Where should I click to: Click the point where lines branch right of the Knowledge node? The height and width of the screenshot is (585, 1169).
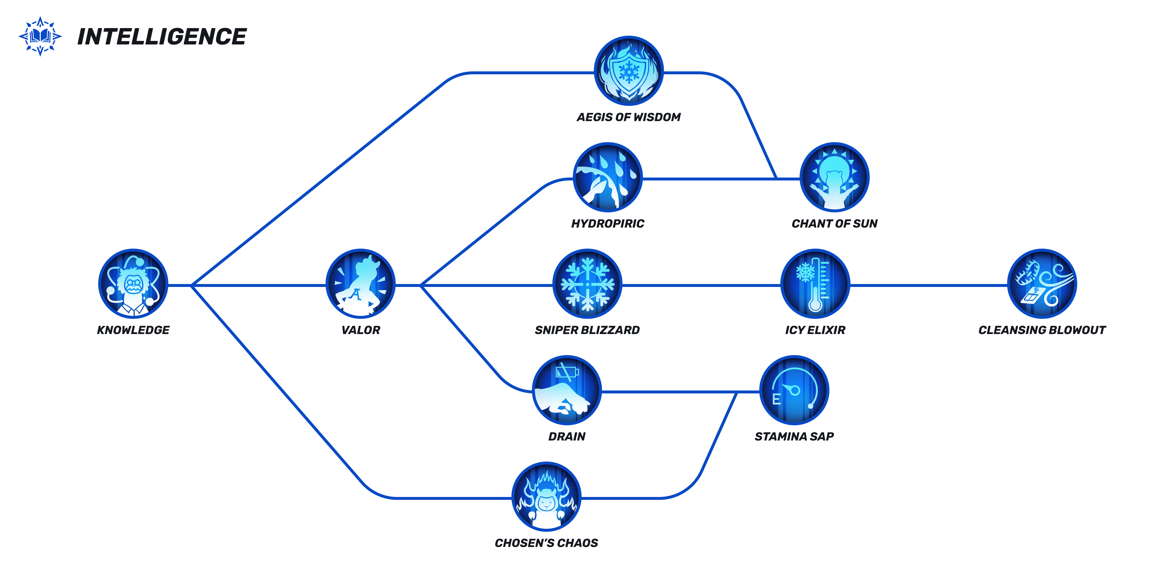(192, 285)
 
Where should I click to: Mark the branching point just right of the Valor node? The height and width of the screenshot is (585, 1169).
(421, 285)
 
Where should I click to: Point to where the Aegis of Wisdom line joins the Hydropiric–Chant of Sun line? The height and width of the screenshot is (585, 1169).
(777, 178)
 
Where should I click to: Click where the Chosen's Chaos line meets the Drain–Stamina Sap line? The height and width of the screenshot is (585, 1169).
(736, 392)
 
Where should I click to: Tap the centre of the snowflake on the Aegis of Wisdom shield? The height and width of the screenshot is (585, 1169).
(629, 72)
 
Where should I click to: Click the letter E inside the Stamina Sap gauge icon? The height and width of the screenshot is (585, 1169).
(777, 399)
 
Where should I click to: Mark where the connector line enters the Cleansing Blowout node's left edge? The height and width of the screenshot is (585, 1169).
(1007, 285)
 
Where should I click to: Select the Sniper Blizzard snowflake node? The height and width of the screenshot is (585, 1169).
(587, 284)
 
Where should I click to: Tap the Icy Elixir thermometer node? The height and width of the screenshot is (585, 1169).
(815, 284)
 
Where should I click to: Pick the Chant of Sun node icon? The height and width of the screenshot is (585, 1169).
(835, 177)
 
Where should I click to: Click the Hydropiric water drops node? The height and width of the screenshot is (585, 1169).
(608, 177)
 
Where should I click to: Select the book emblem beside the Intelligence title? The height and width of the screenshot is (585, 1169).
(40, 36)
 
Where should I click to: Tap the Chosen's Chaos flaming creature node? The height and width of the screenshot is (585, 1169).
(547, 496)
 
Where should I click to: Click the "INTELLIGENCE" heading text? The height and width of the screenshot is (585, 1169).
(162, 37)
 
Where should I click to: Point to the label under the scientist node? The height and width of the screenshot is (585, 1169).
(134, 330)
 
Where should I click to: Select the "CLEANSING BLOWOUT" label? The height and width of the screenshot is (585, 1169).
(1042, 330)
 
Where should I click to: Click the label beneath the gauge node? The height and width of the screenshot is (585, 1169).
(794, 436)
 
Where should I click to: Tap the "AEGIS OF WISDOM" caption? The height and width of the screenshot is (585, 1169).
(629, 117)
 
